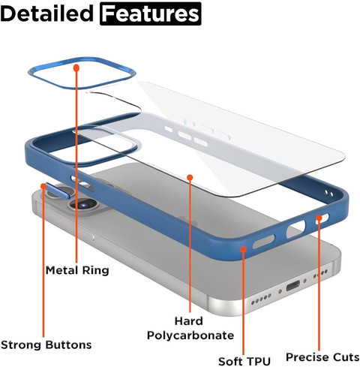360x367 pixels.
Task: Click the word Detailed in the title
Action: point(47,14)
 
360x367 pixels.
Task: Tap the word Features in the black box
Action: point(151,14)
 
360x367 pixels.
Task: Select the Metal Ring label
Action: point(77,270)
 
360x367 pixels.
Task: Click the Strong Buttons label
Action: point(46,344)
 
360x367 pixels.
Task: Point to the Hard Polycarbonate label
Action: point(190,328)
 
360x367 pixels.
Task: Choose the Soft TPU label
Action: point(244,361)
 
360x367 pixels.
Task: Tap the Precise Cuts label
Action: point(322,357)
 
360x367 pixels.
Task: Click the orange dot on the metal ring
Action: point(76,68)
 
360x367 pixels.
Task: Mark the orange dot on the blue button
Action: point(43,186)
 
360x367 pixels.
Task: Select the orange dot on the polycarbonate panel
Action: point(190,177)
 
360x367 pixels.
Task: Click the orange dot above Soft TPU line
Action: point(244,249)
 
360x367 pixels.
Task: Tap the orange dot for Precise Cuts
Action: point(319,218)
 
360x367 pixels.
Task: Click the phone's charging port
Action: point(292,285)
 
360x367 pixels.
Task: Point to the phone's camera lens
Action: point(83,205)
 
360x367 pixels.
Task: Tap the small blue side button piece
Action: point(57,191)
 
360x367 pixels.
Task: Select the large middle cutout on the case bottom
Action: point(295,229)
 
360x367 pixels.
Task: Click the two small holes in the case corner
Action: point(329,193)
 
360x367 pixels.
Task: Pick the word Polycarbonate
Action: point(190,335)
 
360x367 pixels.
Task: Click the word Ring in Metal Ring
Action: point(95,270)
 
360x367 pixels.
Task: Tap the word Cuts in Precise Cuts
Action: point(345,357)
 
